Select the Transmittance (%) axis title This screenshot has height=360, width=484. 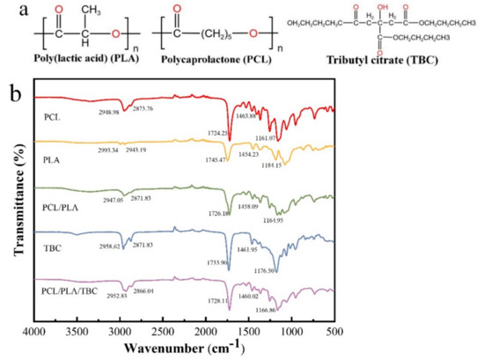click(x=12, y=206)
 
